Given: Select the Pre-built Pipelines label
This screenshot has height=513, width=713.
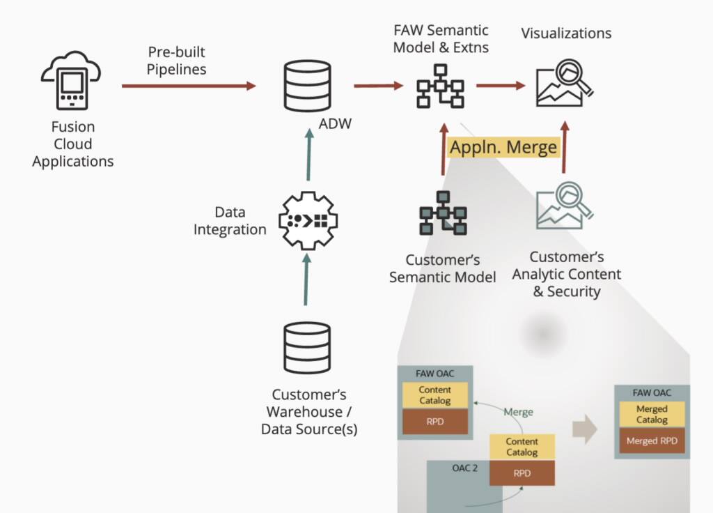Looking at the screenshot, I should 176,61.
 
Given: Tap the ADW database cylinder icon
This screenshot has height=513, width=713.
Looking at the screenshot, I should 307,86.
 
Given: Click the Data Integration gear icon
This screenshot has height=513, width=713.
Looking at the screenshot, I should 307,221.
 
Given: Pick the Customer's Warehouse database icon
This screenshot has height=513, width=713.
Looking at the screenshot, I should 307,348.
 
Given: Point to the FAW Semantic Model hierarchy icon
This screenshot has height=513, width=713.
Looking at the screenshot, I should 440,86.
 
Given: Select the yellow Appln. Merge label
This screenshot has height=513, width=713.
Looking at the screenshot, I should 503,147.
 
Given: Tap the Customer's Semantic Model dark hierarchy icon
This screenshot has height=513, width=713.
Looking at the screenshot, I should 442,212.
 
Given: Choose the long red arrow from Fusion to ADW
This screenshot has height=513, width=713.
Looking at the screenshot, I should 189,86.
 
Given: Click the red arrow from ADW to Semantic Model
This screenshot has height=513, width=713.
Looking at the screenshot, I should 378,86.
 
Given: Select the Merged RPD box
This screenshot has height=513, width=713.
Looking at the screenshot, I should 652,441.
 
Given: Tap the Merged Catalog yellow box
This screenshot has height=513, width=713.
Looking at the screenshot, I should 652,414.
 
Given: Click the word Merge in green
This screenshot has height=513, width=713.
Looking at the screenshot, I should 518,412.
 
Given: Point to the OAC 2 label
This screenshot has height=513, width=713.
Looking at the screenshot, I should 464,468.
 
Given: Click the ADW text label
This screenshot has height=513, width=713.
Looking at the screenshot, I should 335,124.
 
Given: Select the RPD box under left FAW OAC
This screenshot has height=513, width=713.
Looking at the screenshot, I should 434,421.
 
